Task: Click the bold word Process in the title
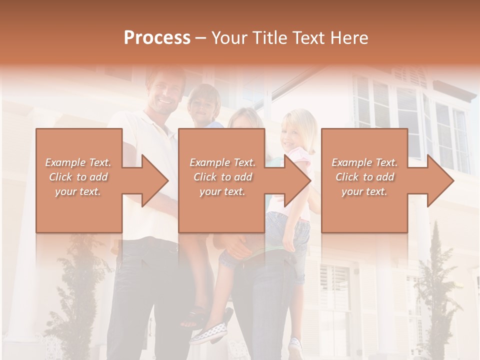[157, 37]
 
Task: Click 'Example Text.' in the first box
[78, 162]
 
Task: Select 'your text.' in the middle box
[222, 191]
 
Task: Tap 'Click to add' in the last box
[365, 177]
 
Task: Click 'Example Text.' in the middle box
[222, 162]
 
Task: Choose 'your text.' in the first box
[78, 191]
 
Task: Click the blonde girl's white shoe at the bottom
[295, 345]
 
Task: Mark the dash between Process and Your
[201, 38]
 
